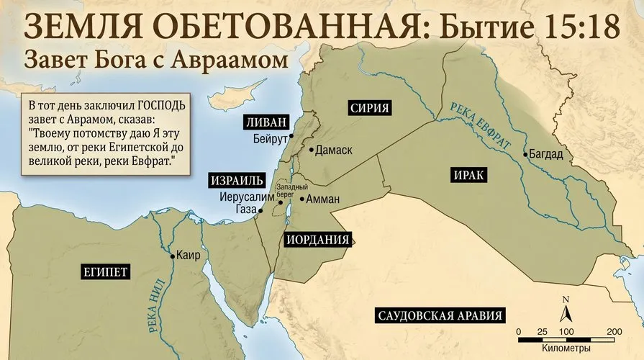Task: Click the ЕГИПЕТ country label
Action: click(105, 271)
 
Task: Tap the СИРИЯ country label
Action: click(370, 109)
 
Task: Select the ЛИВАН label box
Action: click(265, 121)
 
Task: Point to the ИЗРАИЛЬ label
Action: click(237, 179)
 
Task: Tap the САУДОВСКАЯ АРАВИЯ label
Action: click(439, 315)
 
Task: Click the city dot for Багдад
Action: click(525, 154)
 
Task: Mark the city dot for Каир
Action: click(172, 256)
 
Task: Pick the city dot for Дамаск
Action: click(311, 150)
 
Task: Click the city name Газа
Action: click(245, 208)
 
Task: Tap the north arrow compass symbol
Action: click(567, 311)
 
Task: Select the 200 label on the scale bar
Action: click(614, 330)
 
